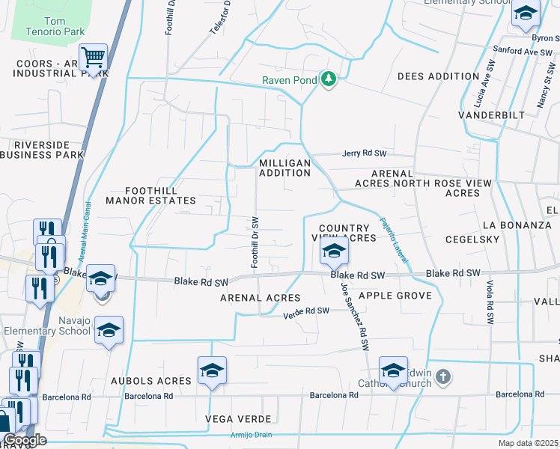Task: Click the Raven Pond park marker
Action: click(328, 79)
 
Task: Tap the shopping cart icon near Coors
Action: click(93, 57)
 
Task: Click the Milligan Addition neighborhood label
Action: click(284, 168)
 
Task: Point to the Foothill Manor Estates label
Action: click(150, 195)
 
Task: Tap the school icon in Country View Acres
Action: click(334, 251)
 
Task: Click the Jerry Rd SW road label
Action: click(364, 153)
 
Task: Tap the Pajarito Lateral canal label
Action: click(393, 239)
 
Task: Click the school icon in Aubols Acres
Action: click(212, 370)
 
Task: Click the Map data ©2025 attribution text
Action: click(528, 443)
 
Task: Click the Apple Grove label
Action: click(395, 296)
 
